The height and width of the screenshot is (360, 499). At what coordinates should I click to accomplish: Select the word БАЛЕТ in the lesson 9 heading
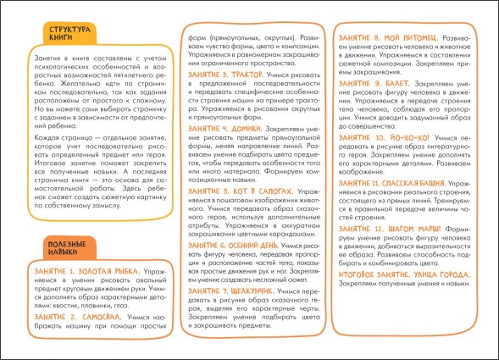[x=396, y=85]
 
